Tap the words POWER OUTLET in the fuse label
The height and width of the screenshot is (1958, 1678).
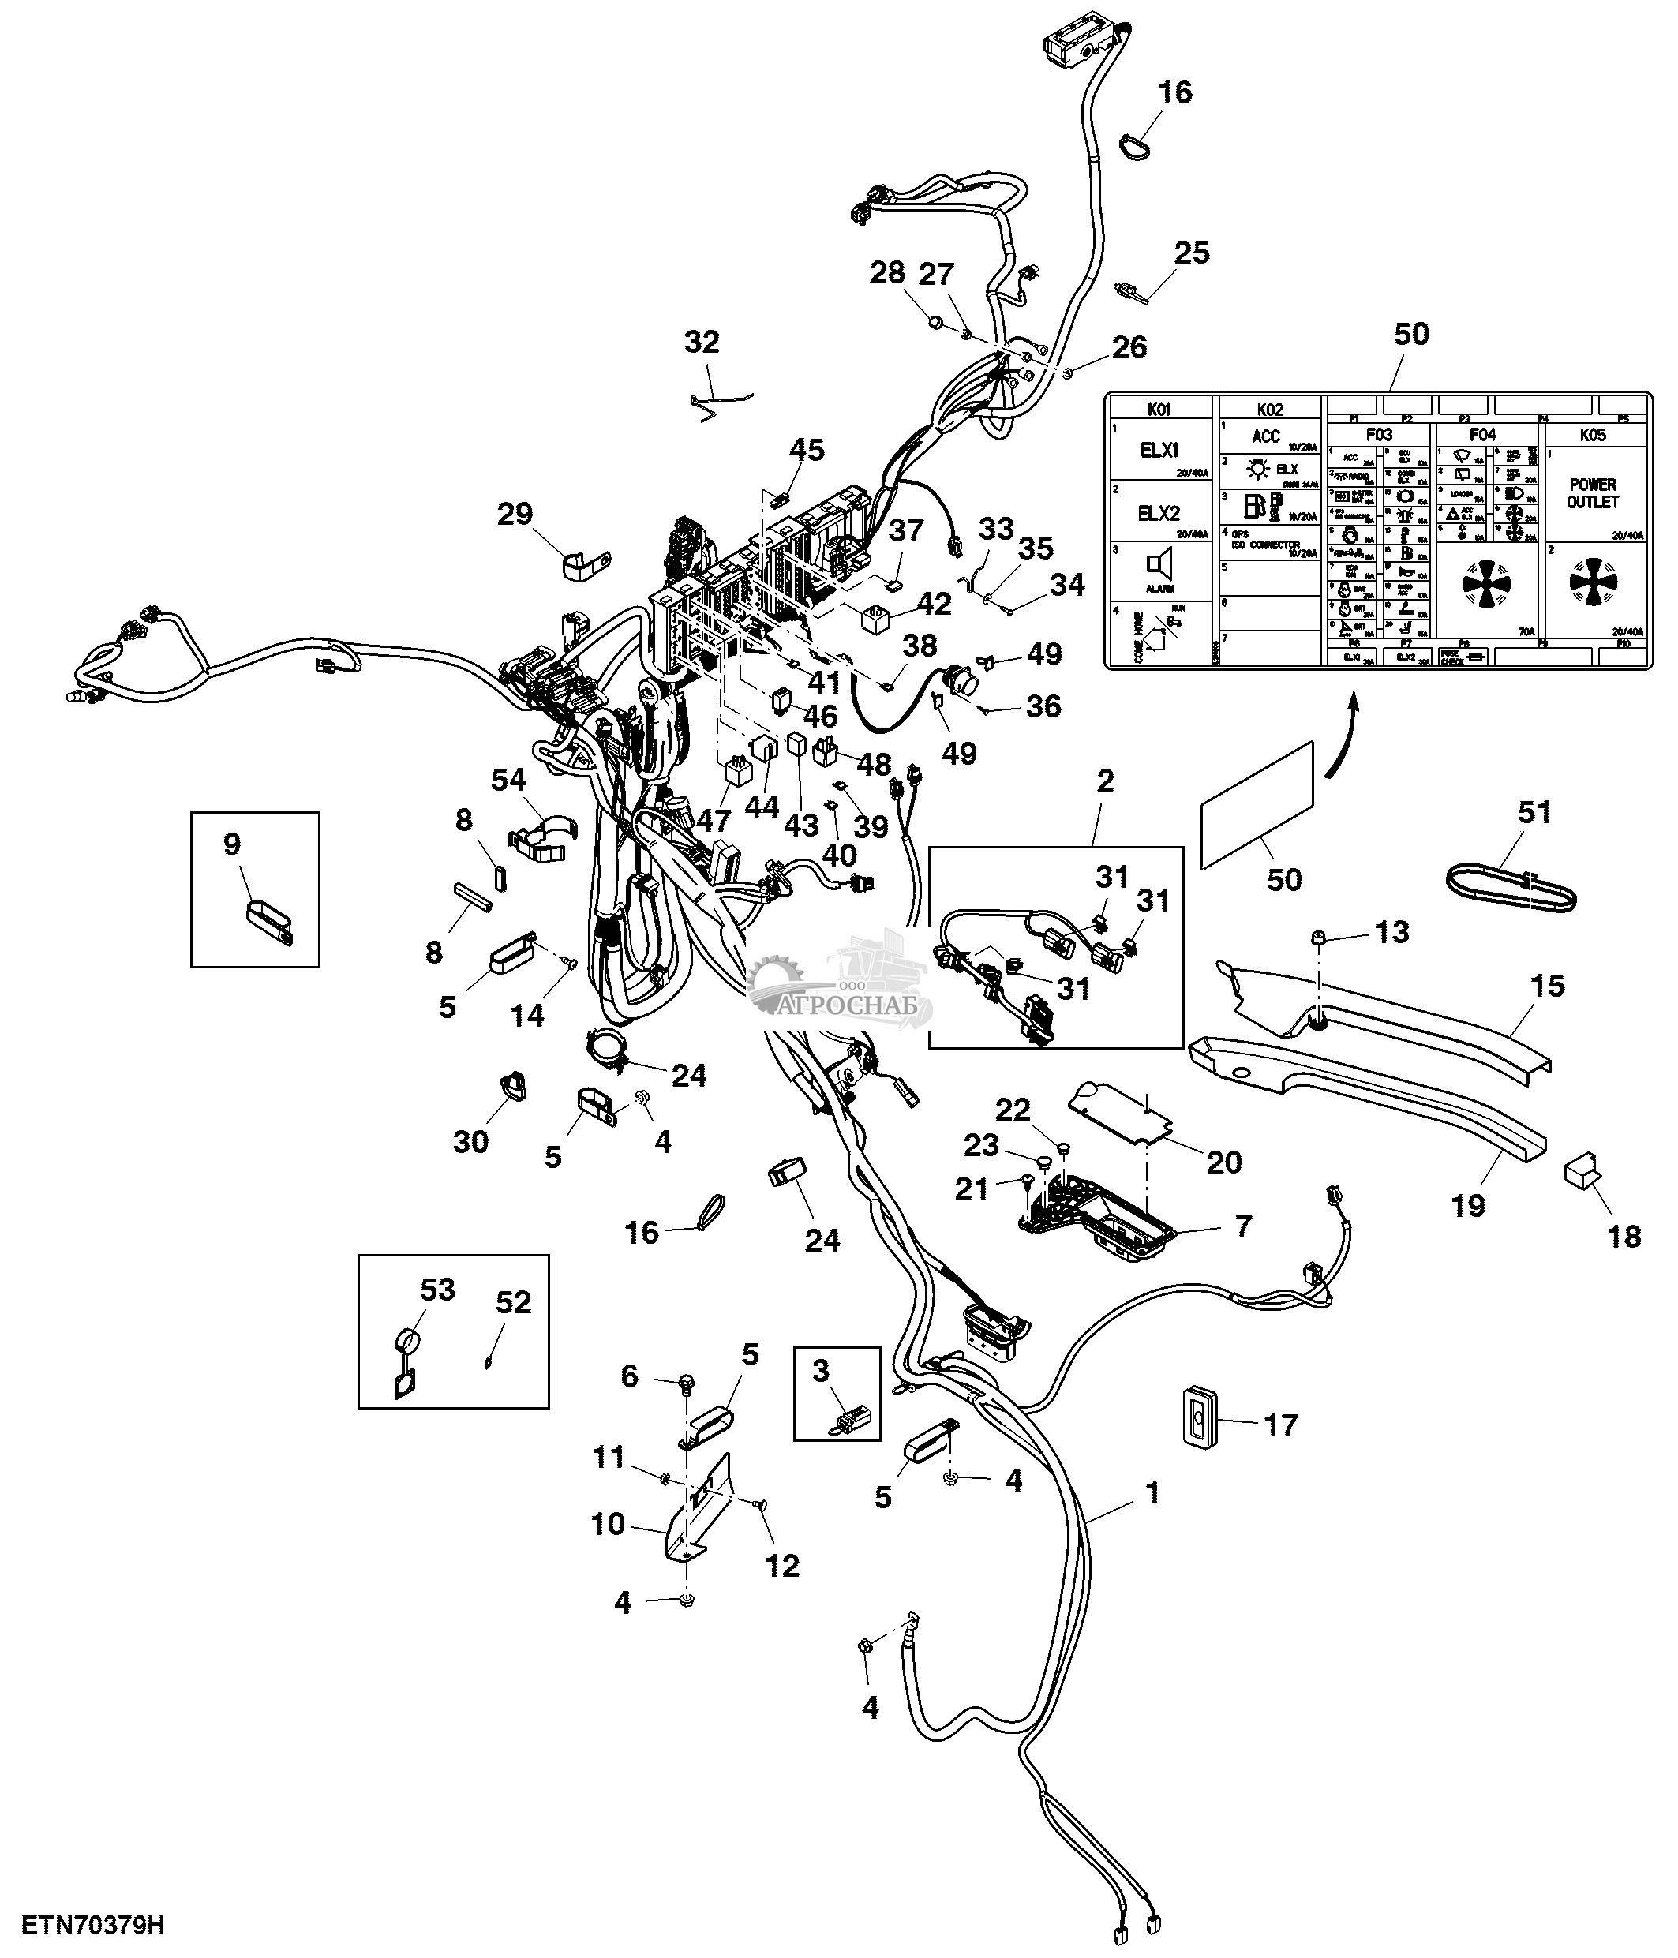1592,493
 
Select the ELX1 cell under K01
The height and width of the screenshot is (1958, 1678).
1159,451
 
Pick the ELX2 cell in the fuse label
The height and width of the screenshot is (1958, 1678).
1159,513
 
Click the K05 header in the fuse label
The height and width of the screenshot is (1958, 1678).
1592,435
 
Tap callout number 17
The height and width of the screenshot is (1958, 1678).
1280,1425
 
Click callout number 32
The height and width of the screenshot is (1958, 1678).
702,342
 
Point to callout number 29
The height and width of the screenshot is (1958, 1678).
515,514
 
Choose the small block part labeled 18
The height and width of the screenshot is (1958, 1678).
1583,1172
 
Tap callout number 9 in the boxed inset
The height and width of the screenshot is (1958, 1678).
232,844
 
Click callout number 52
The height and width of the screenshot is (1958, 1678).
513,1302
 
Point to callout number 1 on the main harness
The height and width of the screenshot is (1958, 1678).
1151,1494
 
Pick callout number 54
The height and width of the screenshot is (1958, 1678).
508,780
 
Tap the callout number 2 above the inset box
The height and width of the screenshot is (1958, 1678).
1104,781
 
